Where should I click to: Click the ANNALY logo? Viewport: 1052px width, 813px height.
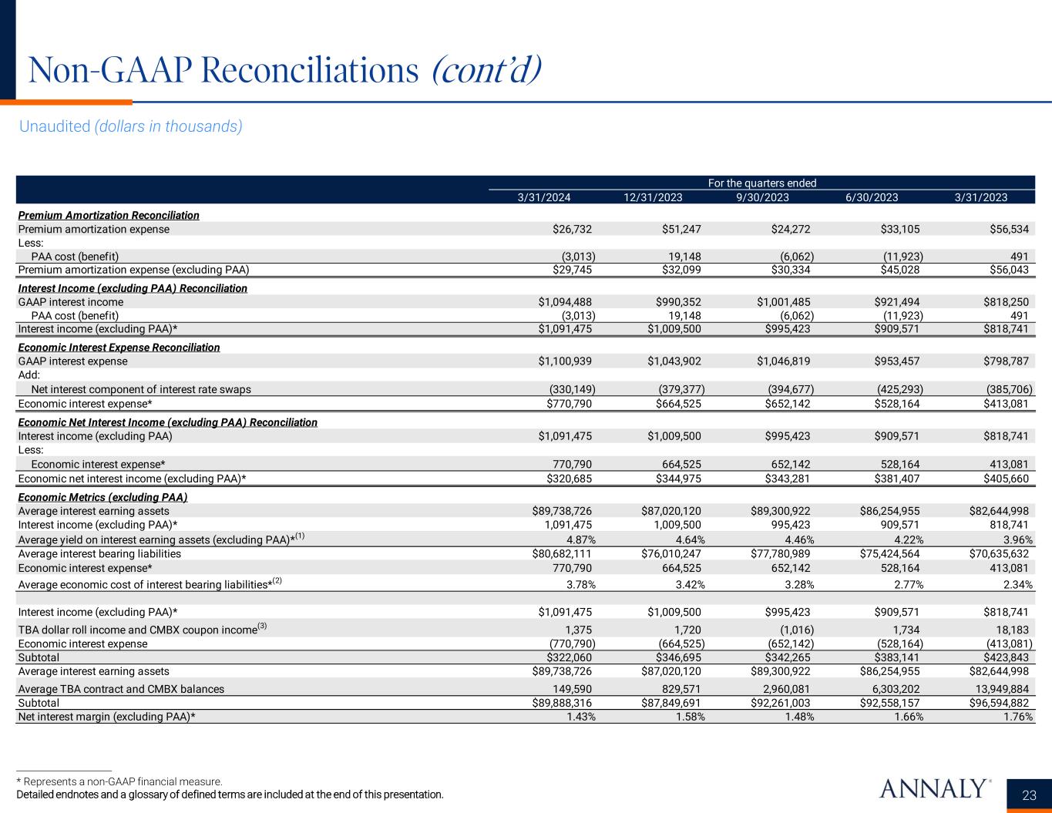[x=933, y=788]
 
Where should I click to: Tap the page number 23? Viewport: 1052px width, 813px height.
[x=1029, y=795]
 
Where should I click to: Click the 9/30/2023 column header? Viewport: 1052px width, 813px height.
[x=762, y=197]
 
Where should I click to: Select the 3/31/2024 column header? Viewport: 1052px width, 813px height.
[x=543, y=197]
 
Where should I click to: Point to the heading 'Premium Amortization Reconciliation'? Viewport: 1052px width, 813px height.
[x=109, y=215]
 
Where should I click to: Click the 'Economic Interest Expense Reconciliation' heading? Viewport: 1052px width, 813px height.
[x=119, y=348]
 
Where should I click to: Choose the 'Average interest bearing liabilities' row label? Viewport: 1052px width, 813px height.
[x=99, y=553]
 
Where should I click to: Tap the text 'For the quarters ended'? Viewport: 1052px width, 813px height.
[x=761, y=183]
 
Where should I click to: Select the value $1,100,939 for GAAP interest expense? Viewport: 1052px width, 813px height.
[x=565, y=361]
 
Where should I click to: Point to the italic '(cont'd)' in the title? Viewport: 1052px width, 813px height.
[x=486, y=71]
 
